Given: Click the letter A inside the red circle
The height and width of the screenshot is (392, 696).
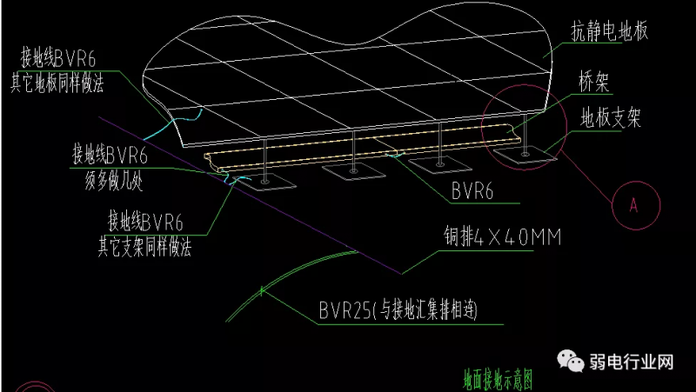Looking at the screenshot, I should click(x=632, y=205).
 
